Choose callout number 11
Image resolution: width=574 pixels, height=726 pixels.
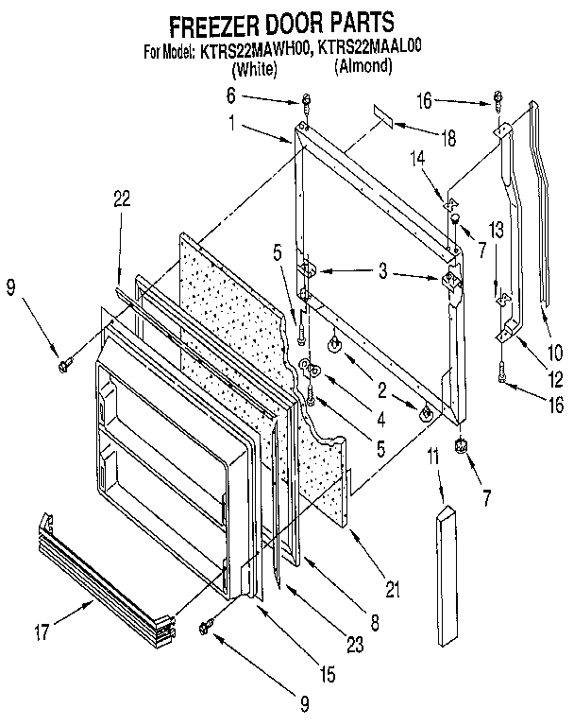click(x=433, y=458)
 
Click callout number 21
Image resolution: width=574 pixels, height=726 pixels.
click(x=390, y=591)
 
